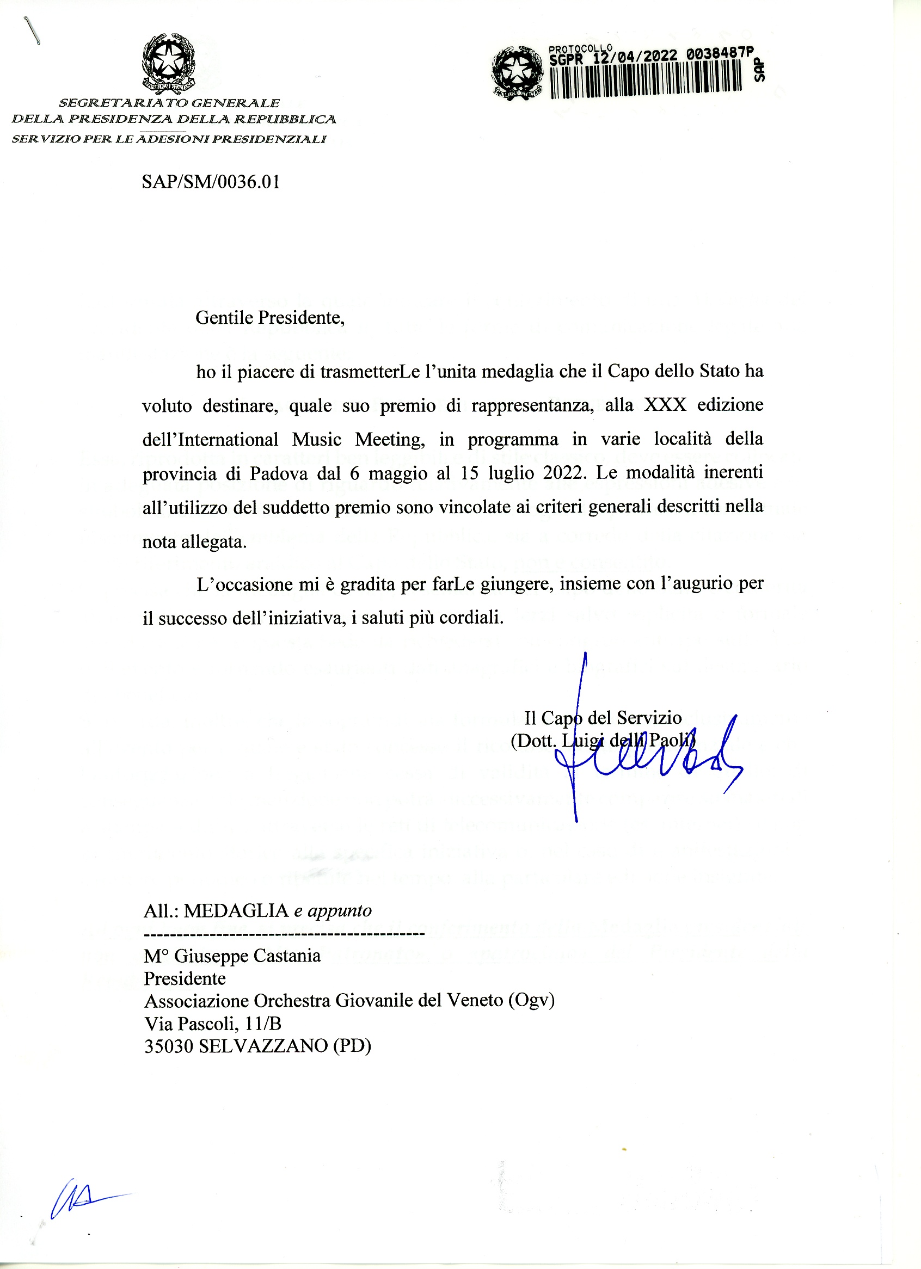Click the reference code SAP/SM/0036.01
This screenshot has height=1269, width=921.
(211, 182)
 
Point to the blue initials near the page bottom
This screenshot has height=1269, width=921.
(84, 1198)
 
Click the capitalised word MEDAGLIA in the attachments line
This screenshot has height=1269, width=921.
(236, 911)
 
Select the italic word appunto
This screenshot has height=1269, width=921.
(340, 911)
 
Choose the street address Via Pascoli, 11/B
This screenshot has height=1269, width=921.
(213, 1024)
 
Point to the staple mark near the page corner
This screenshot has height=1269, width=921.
(32, 31)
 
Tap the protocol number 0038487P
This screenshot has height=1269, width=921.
(720, 54)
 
